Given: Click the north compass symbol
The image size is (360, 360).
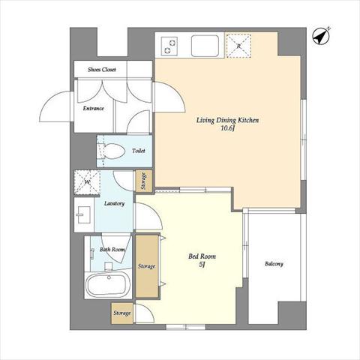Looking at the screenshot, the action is point(321,37).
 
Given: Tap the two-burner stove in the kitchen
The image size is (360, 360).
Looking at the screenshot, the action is point(169,46).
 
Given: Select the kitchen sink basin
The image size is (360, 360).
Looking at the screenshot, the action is point(205,46).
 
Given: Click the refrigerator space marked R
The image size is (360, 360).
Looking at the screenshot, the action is point(238,46).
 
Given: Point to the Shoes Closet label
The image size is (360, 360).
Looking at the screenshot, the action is point(102,70).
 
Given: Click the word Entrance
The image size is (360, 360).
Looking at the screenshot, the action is point(93,108).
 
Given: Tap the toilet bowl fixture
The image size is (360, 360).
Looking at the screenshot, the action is point(113,151).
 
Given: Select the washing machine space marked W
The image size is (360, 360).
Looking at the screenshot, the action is point(87,182).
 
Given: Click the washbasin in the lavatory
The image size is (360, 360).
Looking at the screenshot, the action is point(83,214).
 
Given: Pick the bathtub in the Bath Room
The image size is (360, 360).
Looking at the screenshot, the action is point(106,284).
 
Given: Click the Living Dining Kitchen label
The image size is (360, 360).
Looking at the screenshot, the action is point(227,121).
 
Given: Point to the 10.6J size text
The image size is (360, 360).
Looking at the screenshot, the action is point(228,128).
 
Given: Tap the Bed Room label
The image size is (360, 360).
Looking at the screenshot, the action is point(202,256).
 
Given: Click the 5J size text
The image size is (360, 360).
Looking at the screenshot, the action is point(202,265).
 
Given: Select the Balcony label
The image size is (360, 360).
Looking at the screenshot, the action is point(274,264).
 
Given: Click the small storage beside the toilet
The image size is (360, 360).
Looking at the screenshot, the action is point(143,181).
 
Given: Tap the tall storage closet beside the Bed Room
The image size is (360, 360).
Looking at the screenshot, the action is point(147,266).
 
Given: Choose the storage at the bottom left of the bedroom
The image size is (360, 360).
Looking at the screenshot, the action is point(122,313).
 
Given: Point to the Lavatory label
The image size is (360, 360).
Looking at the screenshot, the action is point(114,203).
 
